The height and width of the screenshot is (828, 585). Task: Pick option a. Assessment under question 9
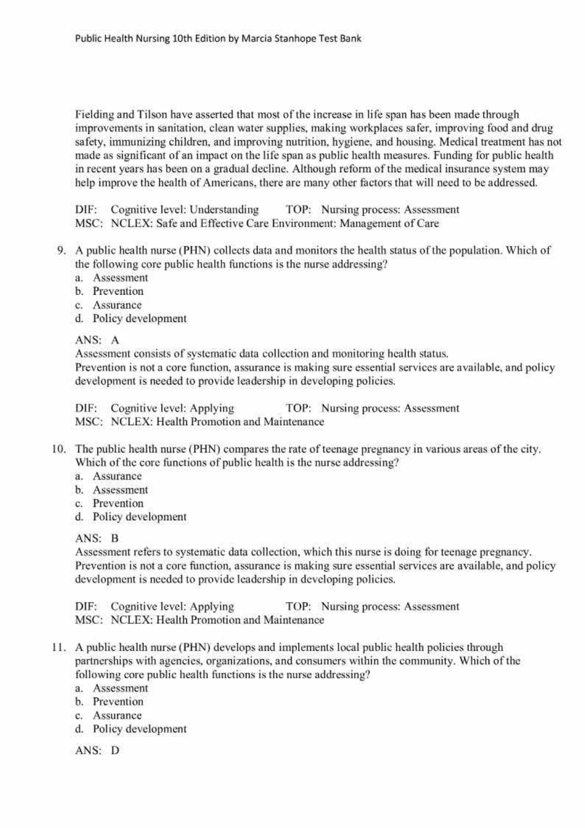(x=120, y=278)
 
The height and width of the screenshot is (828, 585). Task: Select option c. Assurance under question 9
(x=117, y=305)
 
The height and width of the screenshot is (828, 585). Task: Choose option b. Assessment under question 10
(x=120, y=490)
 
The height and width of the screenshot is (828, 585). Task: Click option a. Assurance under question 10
(x=117, y=476)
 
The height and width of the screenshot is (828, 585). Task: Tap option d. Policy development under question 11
(x=139, y=729)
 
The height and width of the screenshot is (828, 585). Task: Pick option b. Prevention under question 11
(x=118, y=702)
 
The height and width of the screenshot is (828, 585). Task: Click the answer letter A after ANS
(x=115, y=340)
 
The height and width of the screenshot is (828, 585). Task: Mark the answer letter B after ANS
(x=115, y=538)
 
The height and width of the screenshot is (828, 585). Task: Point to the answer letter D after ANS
(x=115, y=751)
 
